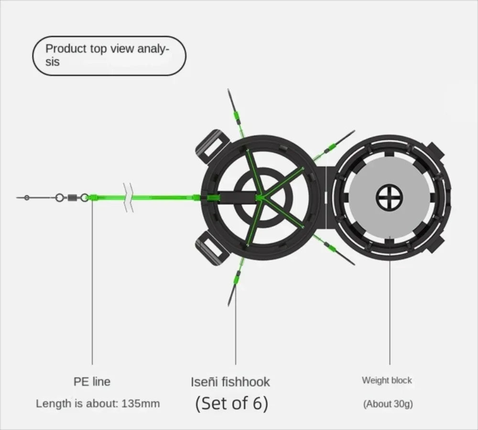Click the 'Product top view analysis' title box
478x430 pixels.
coord(109,55)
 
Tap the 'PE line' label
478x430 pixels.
coord(92,382)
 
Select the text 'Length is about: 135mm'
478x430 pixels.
coord(98,403)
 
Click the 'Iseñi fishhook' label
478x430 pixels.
coord(230,382)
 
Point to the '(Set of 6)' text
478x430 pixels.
coord(232,404)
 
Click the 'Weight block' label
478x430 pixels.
coord(387,381)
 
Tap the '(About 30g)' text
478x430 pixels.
coord(388,404)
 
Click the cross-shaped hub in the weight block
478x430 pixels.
coord(390,198)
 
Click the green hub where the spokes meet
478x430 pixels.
coord(260,197)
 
